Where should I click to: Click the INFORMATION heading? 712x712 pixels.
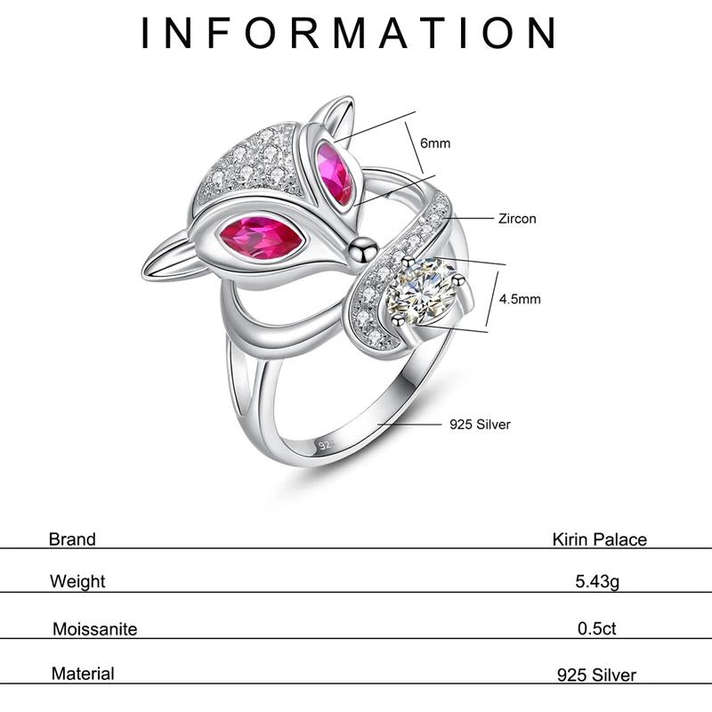pos(350,33)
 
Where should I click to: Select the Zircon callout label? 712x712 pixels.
pos(518,218)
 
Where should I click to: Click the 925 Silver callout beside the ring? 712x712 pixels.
pos(479,425)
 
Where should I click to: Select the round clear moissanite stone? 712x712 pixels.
pos(427,291)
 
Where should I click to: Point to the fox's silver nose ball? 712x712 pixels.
pos(360,247)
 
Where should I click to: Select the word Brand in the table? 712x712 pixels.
pos(72,538)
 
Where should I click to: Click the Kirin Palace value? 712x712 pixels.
pos(599,539)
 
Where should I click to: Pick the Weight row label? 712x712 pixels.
pos(77,582)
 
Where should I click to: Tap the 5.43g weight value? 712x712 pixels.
pos(596,582)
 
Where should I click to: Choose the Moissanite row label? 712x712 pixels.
pos(95,629)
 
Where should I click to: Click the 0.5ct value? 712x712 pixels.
pos(596,629)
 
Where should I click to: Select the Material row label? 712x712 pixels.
pos(83,674)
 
